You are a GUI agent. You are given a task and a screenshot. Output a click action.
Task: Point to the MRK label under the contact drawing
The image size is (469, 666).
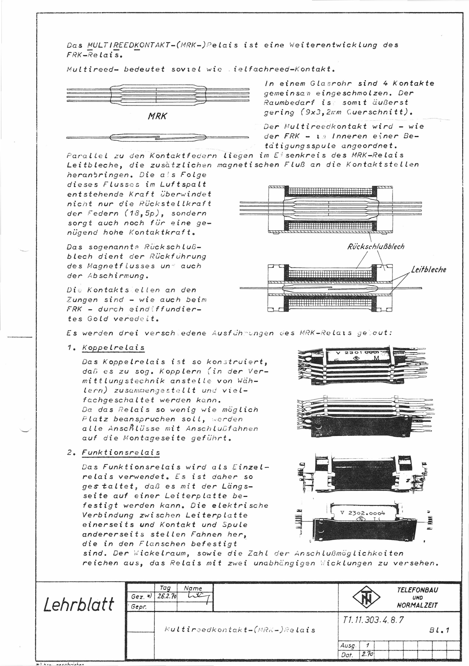point(157,117)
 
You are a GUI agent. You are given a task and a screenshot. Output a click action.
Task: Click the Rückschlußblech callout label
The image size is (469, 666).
point(376,247)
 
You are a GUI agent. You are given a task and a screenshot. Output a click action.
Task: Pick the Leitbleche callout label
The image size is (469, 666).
point(428,270)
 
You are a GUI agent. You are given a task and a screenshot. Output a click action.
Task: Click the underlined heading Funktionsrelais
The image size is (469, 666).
point(120,453)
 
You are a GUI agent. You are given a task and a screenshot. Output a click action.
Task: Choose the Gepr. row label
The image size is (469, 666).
point(137,606)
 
